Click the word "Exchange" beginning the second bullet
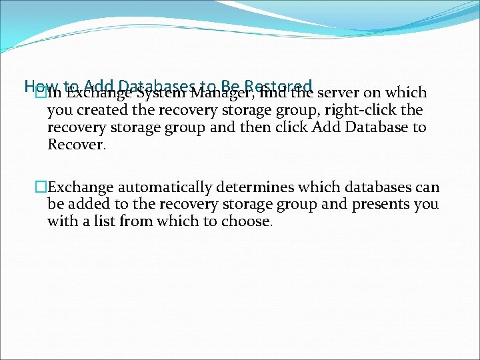coord(76,187)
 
